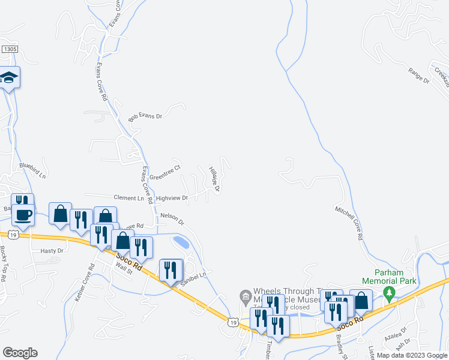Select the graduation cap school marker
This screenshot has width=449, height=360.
tap(9, 78)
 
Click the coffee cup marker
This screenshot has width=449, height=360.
tap(23, 214)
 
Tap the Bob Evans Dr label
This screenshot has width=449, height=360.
tap(145, 115)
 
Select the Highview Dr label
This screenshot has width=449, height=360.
tap(172, 197)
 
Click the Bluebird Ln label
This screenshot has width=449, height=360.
tap(32, 170)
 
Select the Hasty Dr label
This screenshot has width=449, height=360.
tap(52, 251)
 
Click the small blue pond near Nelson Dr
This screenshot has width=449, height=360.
tap(180, 242)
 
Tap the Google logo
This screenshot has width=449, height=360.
tap(20, 353)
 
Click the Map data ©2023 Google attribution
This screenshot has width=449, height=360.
tap(412, 355)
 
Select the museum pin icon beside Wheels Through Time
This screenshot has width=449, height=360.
tap(244, 296)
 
